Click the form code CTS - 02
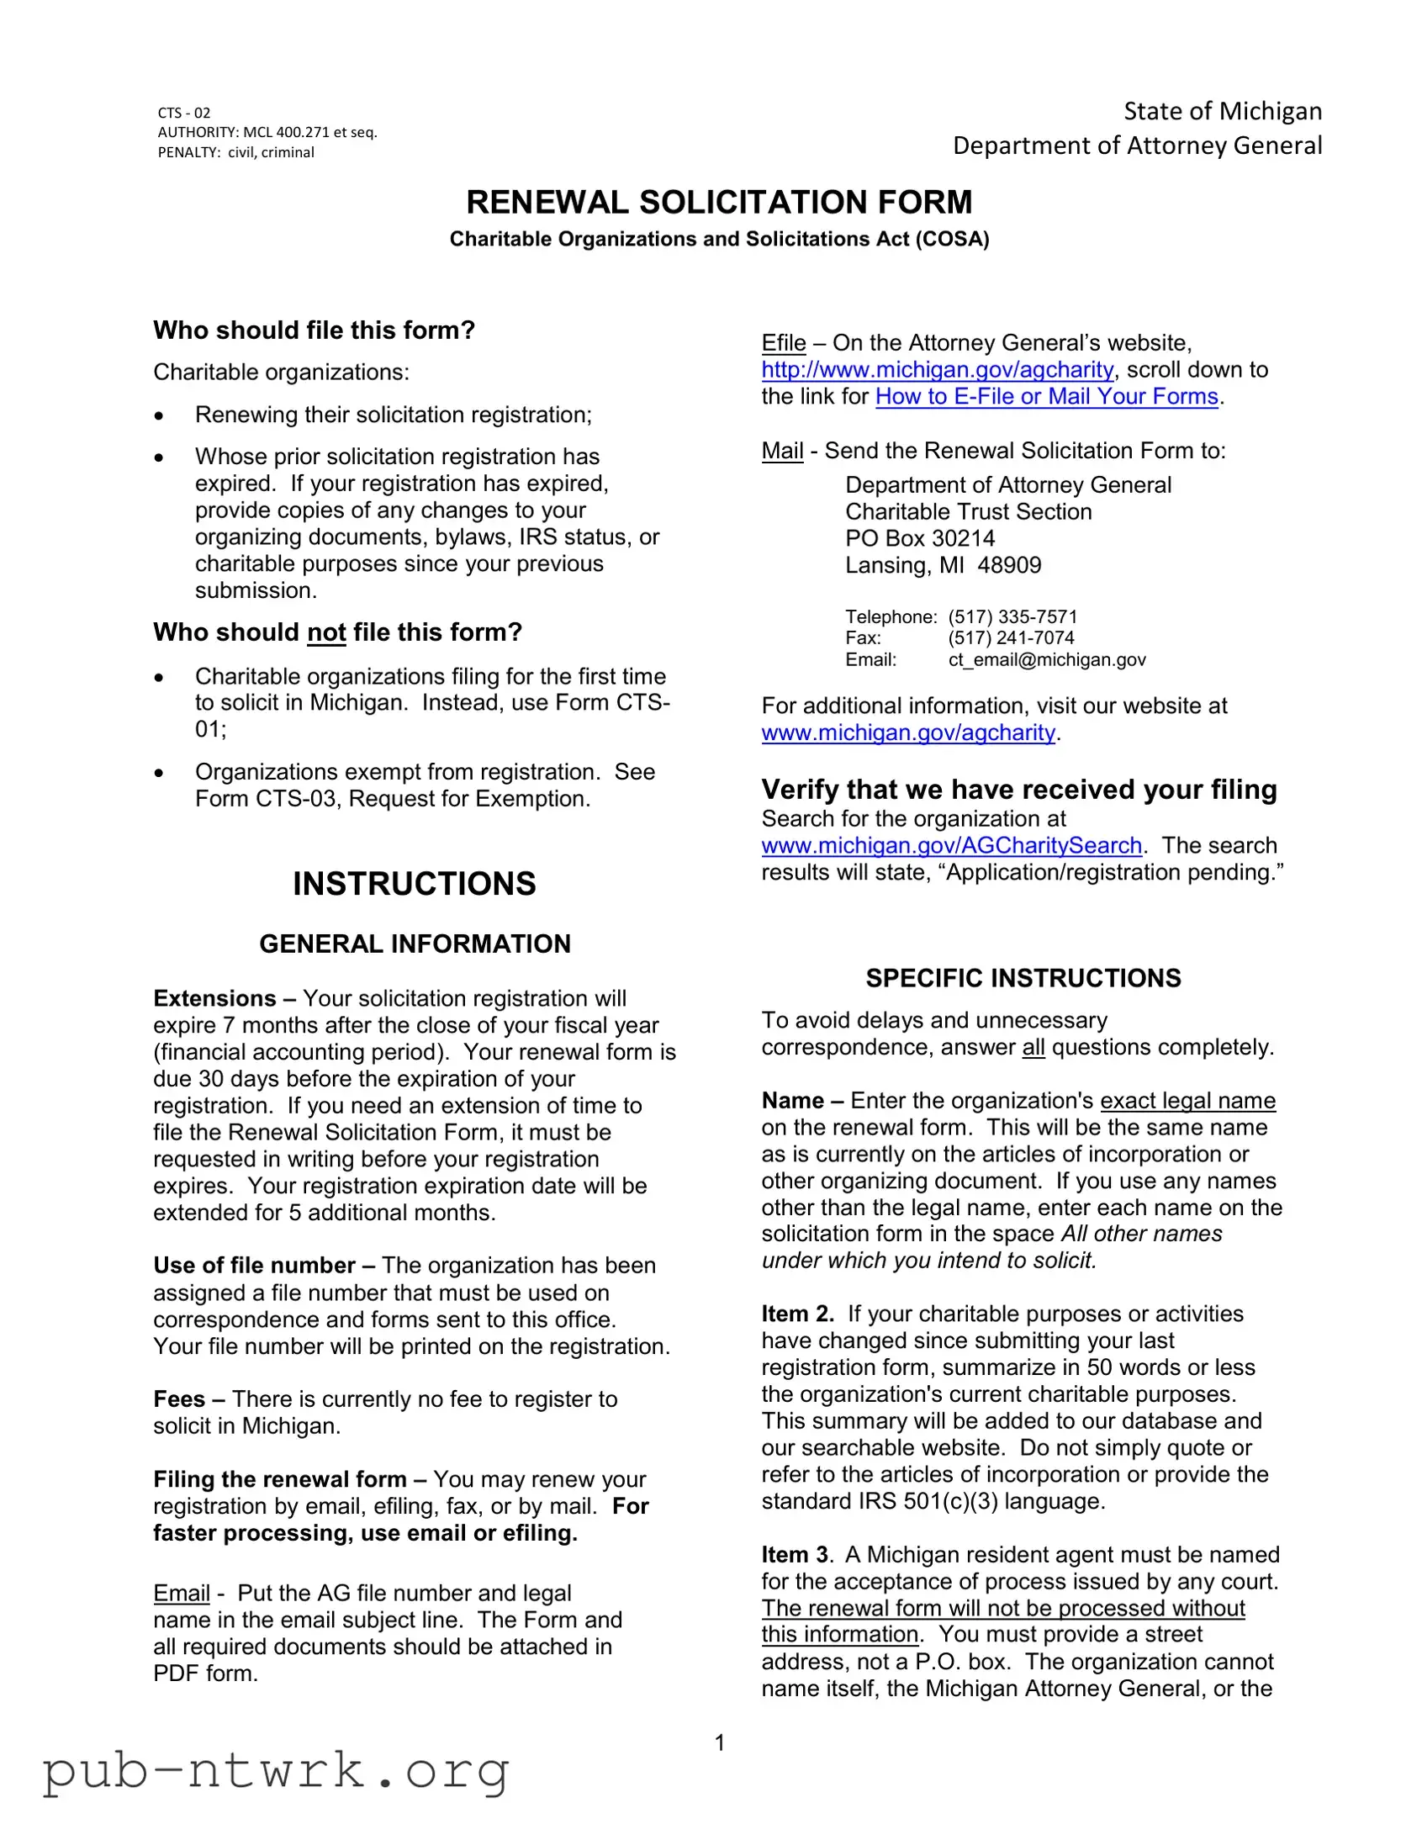[183, 113]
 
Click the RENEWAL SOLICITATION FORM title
[719, 202]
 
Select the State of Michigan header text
[1223, 111]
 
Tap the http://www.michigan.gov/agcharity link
[937, 370]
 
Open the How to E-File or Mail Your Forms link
[1046, 397]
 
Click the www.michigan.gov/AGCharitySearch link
[951, 845]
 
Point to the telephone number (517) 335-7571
[1012, 616]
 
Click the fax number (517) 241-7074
[1010, 637]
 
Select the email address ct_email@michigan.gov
[1046, 659]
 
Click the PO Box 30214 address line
[919, 538]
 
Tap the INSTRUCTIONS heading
[414, 884]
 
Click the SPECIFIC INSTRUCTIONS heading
[1023, 978]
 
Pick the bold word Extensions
[214, 998]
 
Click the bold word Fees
[178, 1399]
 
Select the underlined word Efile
[783, 343]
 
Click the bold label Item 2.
[797, 1314]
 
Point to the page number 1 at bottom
[720, 1742]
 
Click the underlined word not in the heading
[326, 632]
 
